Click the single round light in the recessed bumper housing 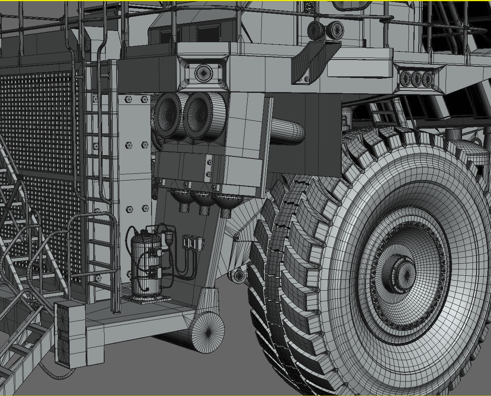(x=202, y=73)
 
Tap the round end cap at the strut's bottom (x=207, y=332)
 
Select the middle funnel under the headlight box (x=203, y=201)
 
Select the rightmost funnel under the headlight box (x=227, y=203)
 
